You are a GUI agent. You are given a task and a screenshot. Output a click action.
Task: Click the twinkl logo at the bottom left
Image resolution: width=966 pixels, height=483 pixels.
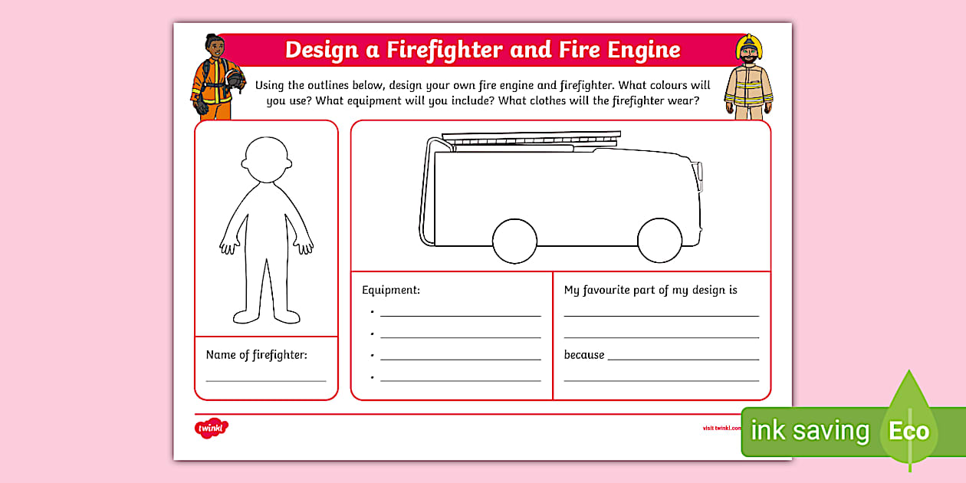click(212, 428)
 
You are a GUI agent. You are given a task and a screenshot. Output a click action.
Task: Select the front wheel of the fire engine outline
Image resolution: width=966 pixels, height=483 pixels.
click(660, 240)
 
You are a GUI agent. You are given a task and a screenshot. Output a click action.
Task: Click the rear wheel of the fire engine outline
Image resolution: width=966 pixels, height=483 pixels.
click(514, 240)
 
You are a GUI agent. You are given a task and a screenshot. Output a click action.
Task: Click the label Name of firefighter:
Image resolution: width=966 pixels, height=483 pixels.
click(256, 355)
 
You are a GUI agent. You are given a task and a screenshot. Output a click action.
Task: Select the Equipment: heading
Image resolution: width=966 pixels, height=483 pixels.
click(391, 291)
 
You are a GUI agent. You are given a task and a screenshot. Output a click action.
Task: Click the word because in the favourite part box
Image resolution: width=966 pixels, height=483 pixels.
click(584, 355)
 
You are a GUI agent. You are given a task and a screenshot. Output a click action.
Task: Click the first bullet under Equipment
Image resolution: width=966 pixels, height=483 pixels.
click(372, 313)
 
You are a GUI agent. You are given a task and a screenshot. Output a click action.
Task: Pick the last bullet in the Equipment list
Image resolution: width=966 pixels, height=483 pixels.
click(372, 377)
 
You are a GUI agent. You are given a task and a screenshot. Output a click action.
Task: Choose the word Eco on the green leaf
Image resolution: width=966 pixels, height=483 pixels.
click(909, 430)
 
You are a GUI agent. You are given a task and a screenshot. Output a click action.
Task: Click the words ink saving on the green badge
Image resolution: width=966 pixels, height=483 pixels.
click(810, 431)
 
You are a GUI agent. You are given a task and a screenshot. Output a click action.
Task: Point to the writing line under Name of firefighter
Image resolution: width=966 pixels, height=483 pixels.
click(266, 380)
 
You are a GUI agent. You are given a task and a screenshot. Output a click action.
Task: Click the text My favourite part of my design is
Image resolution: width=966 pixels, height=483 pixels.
click(650, 291)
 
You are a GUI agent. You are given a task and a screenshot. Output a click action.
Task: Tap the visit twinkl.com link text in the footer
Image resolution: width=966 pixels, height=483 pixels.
click(721, 428)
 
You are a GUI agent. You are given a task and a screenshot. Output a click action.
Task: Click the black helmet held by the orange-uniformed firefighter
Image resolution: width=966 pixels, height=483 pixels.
click(235, 79)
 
